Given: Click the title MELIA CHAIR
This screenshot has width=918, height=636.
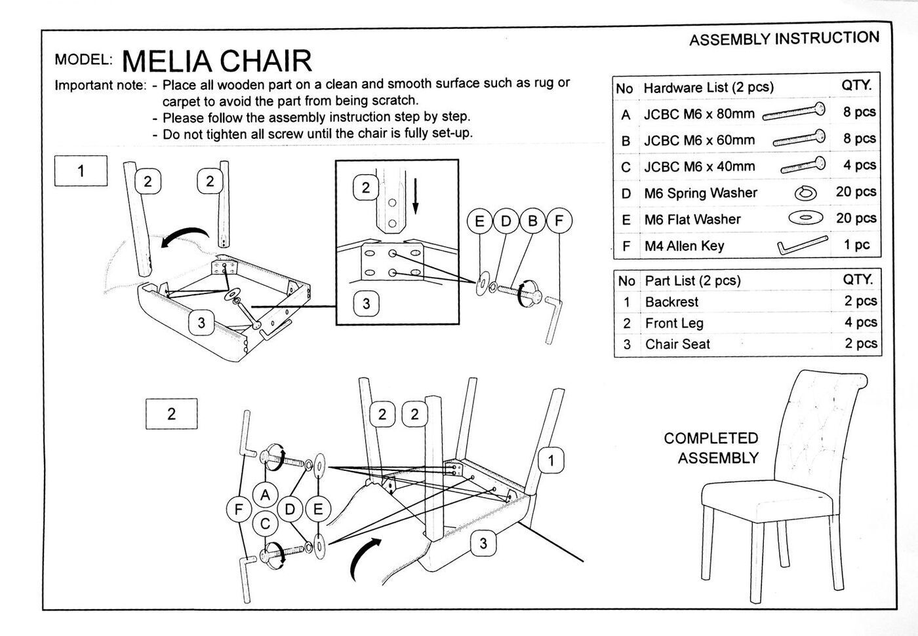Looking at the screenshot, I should [x=216, y=61].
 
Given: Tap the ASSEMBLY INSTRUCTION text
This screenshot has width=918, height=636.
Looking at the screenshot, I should [x=784, y=39].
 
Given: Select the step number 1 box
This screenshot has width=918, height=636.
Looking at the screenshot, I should [x=81, y=172].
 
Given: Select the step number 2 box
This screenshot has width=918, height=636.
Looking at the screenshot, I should [x=171, y=414].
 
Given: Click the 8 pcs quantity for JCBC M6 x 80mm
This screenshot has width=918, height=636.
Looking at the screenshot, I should [x=859, y=112].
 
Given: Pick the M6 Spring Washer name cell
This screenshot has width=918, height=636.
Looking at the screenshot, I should [x=700, y=193].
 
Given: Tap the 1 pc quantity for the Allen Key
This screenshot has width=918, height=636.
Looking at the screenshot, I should [x=856, y=245].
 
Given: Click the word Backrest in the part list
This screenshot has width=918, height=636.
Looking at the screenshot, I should [x=671, y=302].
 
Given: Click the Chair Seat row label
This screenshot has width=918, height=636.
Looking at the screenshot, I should [x=677, y=345].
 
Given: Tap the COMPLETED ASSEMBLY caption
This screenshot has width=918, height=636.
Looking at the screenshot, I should [x=711, y=448].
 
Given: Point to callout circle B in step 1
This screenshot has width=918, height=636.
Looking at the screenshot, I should [x=532, y=221].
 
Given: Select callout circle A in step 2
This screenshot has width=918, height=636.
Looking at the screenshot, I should [x=265, y=495].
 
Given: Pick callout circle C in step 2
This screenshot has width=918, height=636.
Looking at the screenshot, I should [x=265, y=523].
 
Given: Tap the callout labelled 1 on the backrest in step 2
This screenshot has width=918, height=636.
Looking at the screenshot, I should [x=551, y=460].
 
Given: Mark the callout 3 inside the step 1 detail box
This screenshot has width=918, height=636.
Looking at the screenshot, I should [x=366, y=303].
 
